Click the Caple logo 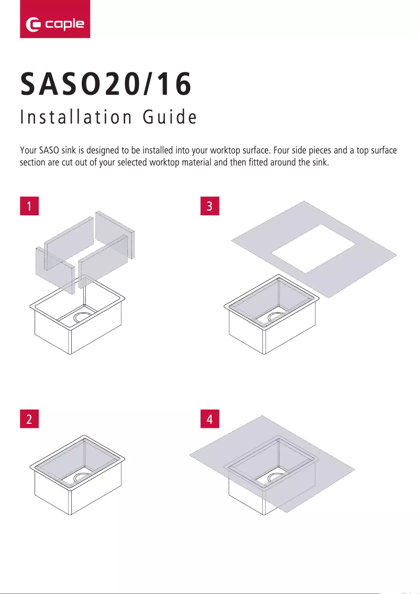point(55,19)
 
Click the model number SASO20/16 point(106,84)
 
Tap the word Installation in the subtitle point(76,117)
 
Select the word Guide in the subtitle point(170,117)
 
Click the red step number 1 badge point(29,206)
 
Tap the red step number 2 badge point(29,419)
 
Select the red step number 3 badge point(210,206)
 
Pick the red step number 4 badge point(210,419)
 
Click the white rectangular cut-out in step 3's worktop point(314,248)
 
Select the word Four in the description point(281,150)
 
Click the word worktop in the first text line point(225,151)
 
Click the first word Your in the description point(28,150)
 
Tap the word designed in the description point(103,151)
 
